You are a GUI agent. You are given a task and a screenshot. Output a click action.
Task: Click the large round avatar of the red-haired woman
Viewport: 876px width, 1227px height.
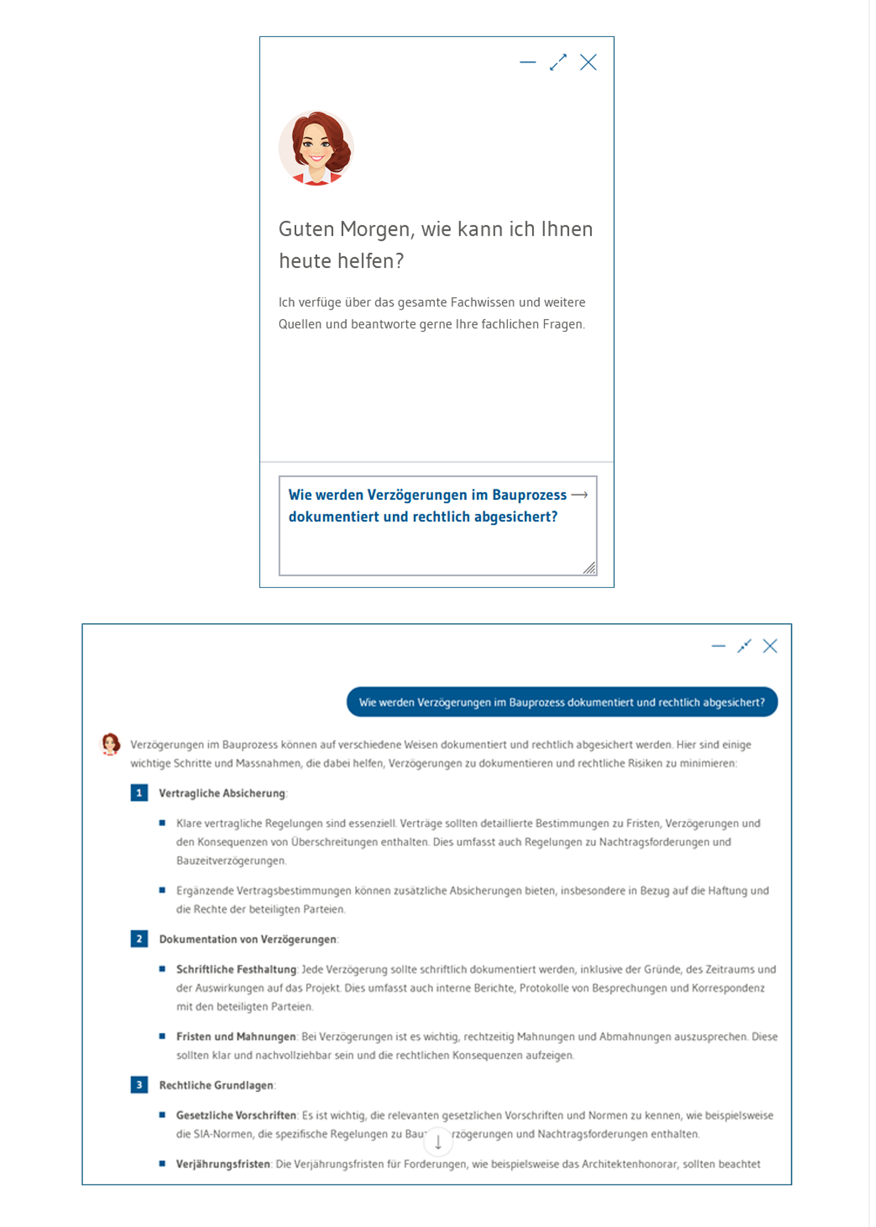coord(316,148)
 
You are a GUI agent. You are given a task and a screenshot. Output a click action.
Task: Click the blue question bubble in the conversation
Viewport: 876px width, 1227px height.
coord(562,702)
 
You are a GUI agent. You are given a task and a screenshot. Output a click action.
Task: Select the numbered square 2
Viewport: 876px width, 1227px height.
coord(139,939)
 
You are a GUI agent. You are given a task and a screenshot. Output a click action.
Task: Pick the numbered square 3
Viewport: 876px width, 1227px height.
coord(139,1085)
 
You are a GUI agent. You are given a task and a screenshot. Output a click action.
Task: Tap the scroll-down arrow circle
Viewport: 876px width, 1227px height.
coord(438,1142)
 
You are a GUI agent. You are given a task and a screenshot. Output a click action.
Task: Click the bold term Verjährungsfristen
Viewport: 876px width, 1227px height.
coord(223,1164)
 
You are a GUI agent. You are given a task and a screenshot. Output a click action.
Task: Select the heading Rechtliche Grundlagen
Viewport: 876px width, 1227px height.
coord(216,1085)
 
